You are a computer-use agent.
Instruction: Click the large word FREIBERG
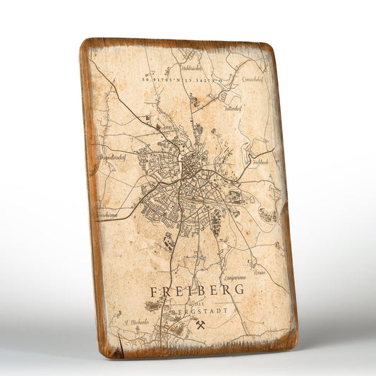click(197, 289)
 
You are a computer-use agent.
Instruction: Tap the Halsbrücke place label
click(191, 68)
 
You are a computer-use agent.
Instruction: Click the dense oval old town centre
click(190, 168)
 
